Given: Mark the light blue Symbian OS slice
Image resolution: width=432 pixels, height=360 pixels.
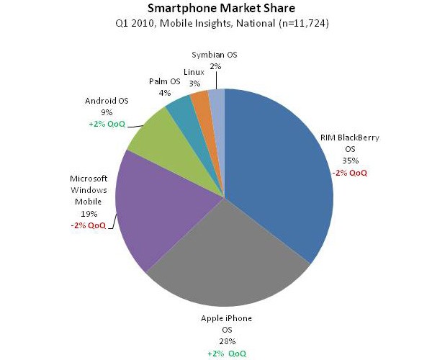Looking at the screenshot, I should tap(217, 99).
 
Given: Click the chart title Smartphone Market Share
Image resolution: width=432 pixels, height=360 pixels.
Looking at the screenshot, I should tap(215, 9).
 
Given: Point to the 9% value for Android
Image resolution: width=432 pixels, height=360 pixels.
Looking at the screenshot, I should tap(107, 112).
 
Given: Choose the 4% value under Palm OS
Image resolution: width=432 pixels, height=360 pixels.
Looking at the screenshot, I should tap(163, 92).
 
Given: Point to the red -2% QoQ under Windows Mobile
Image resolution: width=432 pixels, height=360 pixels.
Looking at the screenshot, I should tap(88, 225).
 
